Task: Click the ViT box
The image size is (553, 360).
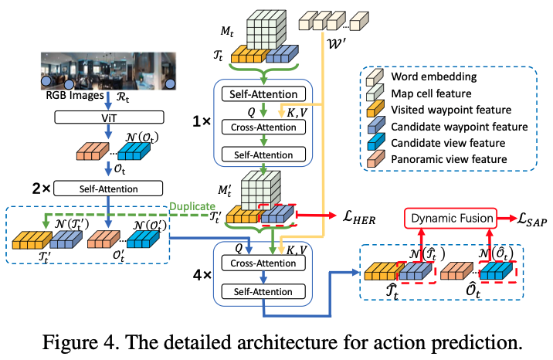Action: [x=109, y=117]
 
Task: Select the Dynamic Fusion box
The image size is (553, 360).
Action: [x=450, y=219]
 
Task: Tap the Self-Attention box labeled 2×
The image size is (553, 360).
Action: [x=108, y=188]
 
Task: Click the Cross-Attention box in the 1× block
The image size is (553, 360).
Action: [x=263, y=127]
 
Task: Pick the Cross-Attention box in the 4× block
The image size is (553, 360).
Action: [x=263, y=263]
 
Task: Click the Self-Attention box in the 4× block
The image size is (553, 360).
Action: [x=263, y=291]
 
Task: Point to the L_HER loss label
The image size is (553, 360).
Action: [x=359, y=217]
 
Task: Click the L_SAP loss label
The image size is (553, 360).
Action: [x=532, y=219]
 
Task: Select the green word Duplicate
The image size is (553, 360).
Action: [x=192, y=206]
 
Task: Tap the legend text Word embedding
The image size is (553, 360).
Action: [x=434, y=76]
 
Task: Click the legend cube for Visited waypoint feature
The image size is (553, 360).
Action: [x=375, y=109]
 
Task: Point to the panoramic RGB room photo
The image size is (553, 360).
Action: [x=109, y=71]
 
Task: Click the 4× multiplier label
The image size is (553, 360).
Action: [x=202, y=275]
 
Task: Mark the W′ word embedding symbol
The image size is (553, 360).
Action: [x=337, y=44]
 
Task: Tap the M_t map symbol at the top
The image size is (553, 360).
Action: [x=227, y=32]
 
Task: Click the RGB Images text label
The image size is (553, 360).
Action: [x=75, y=95]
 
